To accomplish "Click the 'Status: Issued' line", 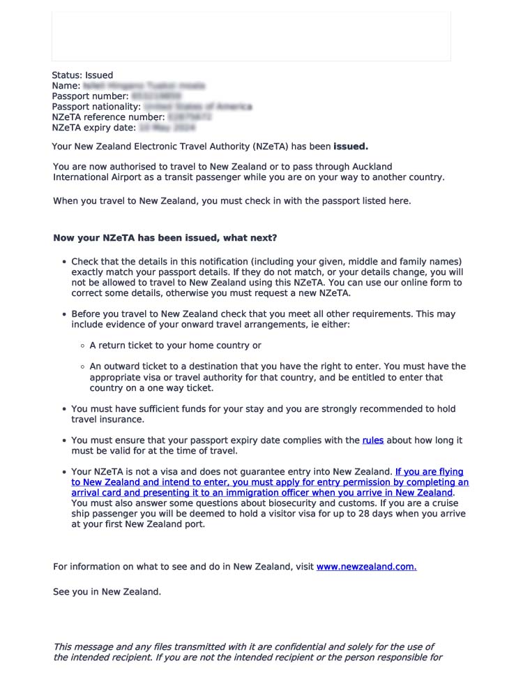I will (x=82, y=75).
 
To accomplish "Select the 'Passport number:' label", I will (x=90, y=96).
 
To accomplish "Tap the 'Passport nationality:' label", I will (x=96, y=107).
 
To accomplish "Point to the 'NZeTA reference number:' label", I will (x=108, y=117).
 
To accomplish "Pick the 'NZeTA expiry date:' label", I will (x=93, y=128).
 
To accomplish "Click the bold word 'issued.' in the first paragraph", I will (x=350, y=147).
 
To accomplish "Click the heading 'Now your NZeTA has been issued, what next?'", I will (x=165, y=238).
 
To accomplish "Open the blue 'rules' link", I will (x=372, y=440).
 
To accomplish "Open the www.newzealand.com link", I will (x=366, y=567).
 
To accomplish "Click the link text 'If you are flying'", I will (x=429, y=472).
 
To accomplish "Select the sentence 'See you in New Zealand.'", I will (x=107, y=592).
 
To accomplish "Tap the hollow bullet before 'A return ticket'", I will (x=83, y=346).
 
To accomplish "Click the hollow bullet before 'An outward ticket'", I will (x=83, y=366).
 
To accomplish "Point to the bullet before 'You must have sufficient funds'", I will (x=64, y=409).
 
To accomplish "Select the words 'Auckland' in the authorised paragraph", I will (x=370, y=167).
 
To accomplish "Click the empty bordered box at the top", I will (x=251, y=36).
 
